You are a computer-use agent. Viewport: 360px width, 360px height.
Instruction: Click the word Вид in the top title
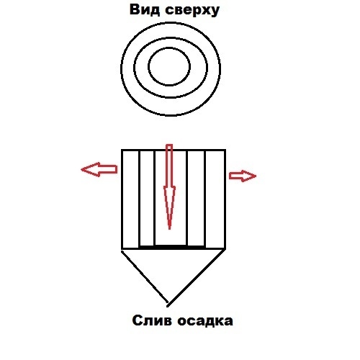click(145, 10)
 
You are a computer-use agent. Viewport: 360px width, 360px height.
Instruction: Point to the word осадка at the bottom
click(205, 321)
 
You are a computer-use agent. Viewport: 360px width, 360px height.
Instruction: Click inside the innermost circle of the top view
click(169, 66)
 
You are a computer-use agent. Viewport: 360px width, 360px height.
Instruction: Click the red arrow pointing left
click(99, 169)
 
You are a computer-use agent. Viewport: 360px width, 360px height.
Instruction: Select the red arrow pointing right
click(243, 176)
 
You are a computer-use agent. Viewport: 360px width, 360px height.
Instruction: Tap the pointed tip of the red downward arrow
click(170, 229)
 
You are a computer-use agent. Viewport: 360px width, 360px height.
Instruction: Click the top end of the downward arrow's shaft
click(169, 145)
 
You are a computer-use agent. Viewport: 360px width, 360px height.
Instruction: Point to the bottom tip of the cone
click(168, 306)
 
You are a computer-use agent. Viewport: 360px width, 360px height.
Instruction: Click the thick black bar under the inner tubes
click(172, 247)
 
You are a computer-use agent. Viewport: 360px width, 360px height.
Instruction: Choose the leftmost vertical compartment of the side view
click(130, 199)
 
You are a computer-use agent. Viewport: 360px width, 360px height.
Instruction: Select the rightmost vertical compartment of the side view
click(215, 199)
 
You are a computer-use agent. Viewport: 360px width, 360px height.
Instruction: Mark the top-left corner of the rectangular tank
click(122, 150)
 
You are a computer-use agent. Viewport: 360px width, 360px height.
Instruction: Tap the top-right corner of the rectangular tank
click(225, 150)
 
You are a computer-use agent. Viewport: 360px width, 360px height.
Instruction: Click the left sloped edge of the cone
click(145, 276)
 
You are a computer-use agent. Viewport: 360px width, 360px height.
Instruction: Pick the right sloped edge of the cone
click(197, 278)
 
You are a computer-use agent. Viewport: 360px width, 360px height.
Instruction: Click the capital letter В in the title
click(135, 10)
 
